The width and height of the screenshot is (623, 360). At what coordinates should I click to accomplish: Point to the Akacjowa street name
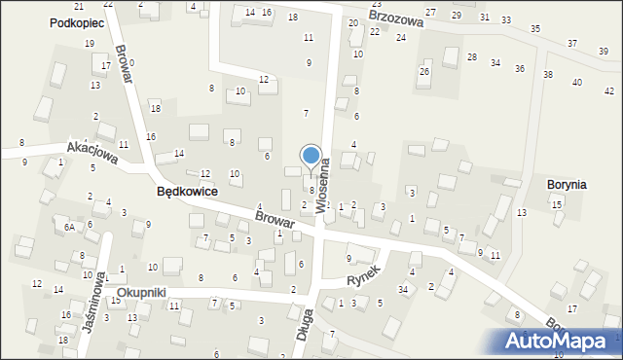pyautogui.click(x=92, y=153)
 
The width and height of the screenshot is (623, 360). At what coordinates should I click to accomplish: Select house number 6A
pyautogui.click(x=69, y=227)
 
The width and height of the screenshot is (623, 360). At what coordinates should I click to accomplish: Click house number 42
pyautogui.click(x=579, y=83)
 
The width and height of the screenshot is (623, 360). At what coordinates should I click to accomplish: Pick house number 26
pyautogui.click(x=423, y=72)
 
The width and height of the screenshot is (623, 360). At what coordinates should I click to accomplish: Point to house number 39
pyautogui.click(x=604, y=51)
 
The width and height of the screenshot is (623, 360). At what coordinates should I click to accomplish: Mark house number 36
pyautogui.click(x=520, y=69)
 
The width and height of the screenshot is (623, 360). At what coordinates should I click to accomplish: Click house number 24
pyautogui.click(x=400, y=37)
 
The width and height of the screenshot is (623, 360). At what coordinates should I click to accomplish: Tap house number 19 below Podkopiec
pyautogui.click(x=90, y=44)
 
